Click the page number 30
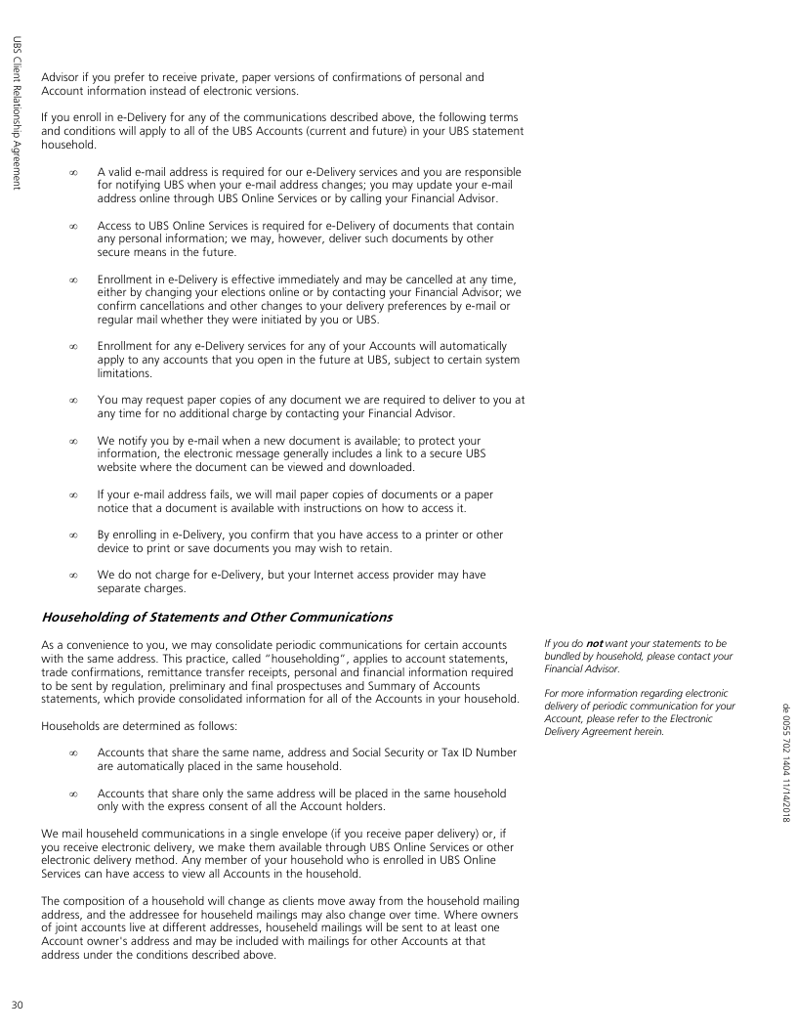17,1007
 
